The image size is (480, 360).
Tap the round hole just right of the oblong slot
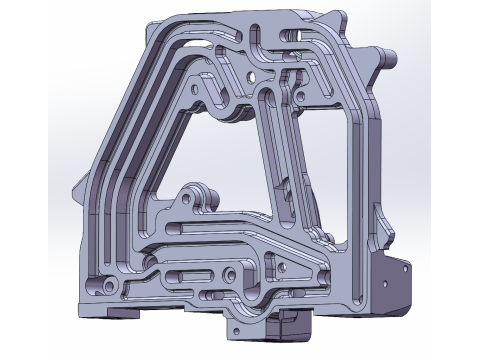(232, 271)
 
